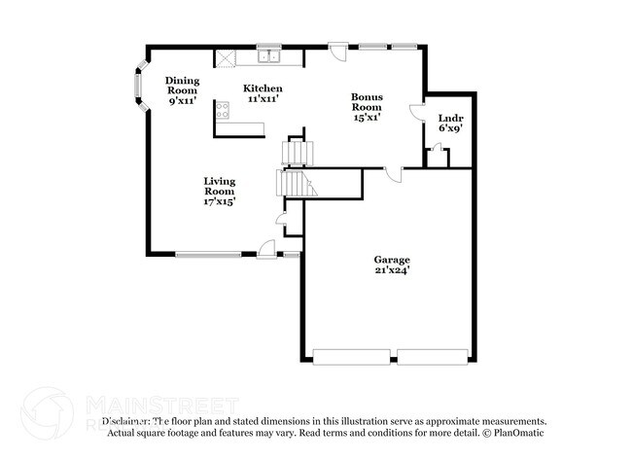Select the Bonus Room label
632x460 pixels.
[x=367, y=102]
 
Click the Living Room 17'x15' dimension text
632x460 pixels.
[x=219, y=201]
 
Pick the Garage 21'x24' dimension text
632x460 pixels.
[x=392, y=270]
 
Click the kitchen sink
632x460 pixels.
[x=268, y=55]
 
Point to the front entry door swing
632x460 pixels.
[x=263, y=248]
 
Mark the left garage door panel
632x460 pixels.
[x=354, y=357]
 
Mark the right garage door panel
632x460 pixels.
[x=433, y=357]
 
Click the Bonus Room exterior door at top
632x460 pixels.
[x=336, y=51]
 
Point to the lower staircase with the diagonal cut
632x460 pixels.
[x=293, y=183]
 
